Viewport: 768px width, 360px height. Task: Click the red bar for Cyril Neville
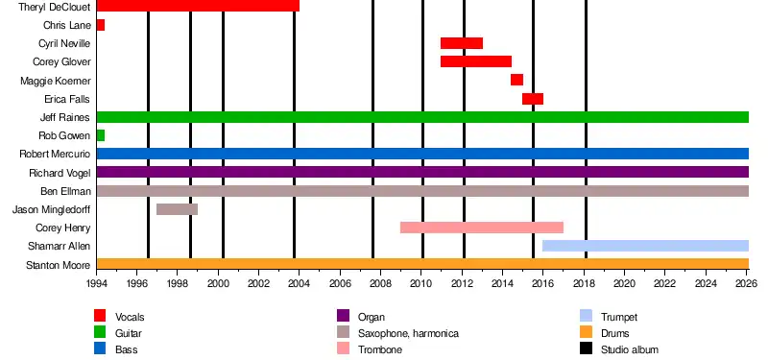(462, 43)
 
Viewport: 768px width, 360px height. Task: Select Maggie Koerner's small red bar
(516, 80)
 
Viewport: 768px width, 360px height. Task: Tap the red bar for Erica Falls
(533, 99)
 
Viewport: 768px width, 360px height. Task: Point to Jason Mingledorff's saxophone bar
(177, 209)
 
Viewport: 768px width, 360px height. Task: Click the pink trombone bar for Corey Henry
(482, 228)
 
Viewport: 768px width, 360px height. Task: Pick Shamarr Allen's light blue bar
(645, 246)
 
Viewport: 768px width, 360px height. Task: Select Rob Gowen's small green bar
(101, 135)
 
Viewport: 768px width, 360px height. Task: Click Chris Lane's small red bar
(101, 25)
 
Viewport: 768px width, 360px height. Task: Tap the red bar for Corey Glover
(476, 61)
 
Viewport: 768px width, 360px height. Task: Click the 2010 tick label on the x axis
(421, 283)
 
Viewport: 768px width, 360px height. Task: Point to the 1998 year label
(178, 283)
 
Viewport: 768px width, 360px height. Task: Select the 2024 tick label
(706, 283)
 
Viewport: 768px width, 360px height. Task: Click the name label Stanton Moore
(59, 266)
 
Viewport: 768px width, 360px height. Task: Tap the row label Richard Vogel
(60, 173)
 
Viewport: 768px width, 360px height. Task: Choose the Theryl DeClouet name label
(55, 7)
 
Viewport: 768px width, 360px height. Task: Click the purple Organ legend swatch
(344, 316)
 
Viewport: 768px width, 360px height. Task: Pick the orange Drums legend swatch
(586, 333)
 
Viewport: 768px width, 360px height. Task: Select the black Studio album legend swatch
(586, 349)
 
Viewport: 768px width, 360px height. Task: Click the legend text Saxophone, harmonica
(409, 333)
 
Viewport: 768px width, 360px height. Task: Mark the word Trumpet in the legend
(619, 318)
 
